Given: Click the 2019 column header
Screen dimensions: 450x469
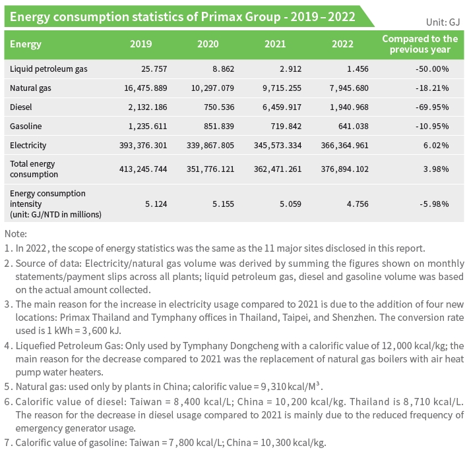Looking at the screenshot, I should tap(141, 44).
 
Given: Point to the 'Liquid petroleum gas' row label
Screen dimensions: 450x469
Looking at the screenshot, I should tap(49, 69).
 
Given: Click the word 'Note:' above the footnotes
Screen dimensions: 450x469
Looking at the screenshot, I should tap(16, 234).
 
